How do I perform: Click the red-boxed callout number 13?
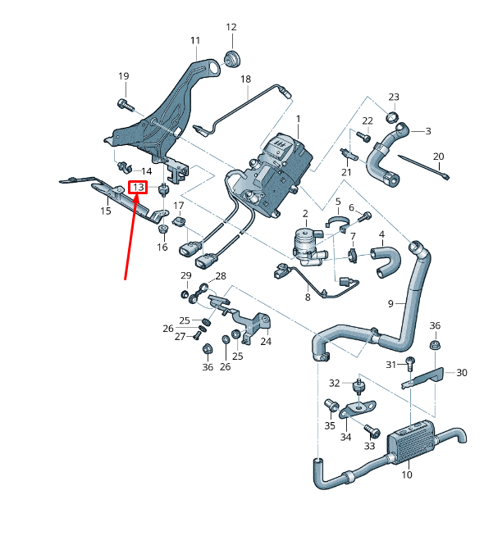138,188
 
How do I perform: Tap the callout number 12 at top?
231,28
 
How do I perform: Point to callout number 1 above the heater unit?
299,120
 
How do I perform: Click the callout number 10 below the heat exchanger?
407,475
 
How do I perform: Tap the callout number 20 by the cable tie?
438,157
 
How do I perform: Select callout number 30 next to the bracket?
462,372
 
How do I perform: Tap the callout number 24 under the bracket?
265,341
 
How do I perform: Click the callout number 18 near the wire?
244,79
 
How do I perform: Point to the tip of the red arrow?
138,194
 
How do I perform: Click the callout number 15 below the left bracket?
106,211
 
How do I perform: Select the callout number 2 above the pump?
304,213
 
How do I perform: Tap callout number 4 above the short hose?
381,235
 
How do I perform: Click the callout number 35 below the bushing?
330,425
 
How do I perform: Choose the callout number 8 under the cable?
308,298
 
